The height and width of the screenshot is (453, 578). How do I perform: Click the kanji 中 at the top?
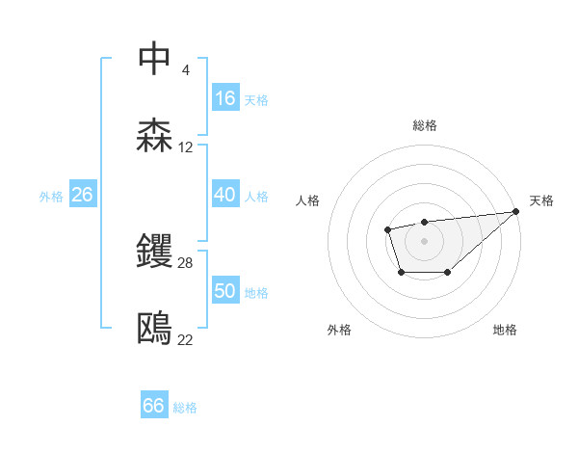pyautogui.click(x=155, y=58)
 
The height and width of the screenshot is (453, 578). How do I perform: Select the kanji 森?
pyautogui.click(x=155, y=135)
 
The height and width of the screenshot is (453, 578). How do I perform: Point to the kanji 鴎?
pyautogui.click(x=155, y=328)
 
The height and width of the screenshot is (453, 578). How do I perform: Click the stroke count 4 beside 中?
pyautogui.click(x=185, y=70)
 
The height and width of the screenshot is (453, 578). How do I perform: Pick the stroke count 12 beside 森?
pyautogui.click(x=186, y=147)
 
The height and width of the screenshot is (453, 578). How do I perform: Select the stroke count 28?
pyautogui.click(x=186, y=262)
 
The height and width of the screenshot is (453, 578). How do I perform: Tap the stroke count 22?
pyautogui.click(x=186, y=340)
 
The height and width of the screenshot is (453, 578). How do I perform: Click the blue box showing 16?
pyautogui.click(x=225, y=98)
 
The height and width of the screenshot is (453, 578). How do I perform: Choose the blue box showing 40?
pyautogui.click(x=225, y=195)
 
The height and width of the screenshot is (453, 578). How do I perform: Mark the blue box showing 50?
pyautogui.click(x=225, y=291)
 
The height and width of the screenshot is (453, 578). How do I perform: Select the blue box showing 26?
pyautogui.click(x=82, y=195)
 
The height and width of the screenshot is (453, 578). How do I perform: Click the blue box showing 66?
pyautogui.click(x=154, y=406)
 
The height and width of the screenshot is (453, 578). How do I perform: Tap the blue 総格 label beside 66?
pyautogui.click(x=186, y=408)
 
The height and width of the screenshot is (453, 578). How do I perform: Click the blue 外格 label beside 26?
pyautogui.click(x=51, y=197)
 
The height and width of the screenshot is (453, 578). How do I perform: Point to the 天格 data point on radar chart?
pyautogui.click(x=515, y=212)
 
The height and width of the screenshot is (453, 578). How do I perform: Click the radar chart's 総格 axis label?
pyautogui.click(x=424, y=125)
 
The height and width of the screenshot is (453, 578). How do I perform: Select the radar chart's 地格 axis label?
pyautogui.click(x=505, y=330)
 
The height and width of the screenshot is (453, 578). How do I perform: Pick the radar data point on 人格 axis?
pyautogui.click(x=387, y=229)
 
